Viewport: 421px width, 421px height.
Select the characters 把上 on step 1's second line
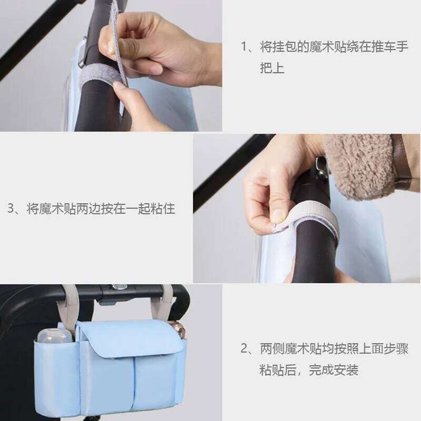(273, 68)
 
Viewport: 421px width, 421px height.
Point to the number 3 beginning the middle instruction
(11, 208)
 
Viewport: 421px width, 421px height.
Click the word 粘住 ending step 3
(163, 208)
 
